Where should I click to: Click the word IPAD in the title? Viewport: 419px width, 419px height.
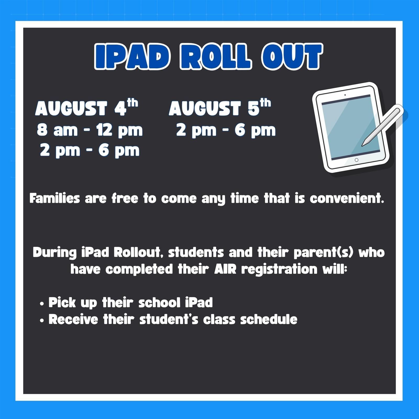(133, 57)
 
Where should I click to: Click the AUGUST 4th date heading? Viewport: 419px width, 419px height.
(87, 107)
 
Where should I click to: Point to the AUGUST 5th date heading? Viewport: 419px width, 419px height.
(220, 107)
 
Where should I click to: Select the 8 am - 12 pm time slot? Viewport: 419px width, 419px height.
(90, 130)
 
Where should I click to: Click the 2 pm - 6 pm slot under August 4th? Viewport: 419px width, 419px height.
(90, 151)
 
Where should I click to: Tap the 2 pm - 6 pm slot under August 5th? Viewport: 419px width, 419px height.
(226, 130)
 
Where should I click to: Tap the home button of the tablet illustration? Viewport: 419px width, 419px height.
(356, 160)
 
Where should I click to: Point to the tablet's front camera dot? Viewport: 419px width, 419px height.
(345, 95)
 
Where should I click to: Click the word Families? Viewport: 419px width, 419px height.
(54, 198)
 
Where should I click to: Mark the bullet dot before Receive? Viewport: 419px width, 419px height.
(42, 321)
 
